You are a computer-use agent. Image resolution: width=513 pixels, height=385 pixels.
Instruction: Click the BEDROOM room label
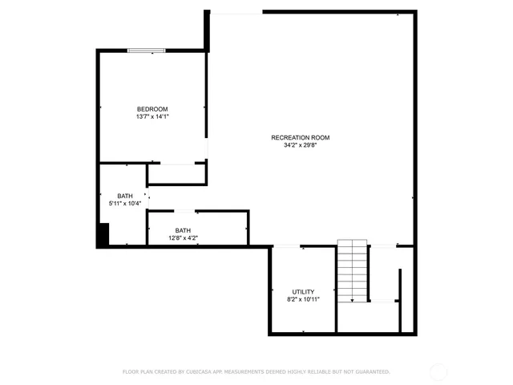[x=152, y=109]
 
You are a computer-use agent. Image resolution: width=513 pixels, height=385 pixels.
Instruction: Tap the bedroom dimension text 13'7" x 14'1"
[x=152, y=117]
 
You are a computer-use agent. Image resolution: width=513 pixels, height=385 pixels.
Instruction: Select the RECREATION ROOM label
[x=300, y=138]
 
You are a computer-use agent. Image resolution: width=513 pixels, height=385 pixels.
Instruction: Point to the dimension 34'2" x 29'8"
[x=300, y=146]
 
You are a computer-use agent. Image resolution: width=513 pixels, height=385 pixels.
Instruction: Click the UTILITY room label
[x=303, y=292]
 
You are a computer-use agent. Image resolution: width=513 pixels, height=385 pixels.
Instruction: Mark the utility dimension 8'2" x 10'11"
[x=303, y=300]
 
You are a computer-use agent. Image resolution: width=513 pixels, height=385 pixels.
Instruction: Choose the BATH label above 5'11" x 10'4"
[x=125, y=196]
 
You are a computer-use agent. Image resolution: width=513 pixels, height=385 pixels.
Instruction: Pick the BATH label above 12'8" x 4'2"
[x=184, y=230]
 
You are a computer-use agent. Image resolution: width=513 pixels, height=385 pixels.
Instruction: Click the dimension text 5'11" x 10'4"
[x=125, y=204]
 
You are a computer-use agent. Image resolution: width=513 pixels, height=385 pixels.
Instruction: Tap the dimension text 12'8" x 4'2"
[x=184, y=238]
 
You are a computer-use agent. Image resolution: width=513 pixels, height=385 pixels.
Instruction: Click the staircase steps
[x=352, y=269]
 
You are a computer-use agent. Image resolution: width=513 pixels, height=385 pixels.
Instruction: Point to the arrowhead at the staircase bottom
[x=352, y=300]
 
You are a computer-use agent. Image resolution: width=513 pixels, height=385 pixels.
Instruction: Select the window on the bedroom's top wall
[x=147, y=51]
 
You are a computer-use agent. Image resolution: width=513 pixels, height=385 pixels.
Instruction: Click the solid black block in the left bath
[x=103, y=236]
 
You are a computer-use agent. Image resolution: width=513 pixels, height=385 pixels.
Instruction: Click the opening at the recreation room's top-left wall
[x=236, y=12]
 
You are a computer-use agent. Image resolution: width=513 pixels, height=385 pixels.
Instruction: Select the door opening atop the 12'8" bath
[x=184, y=211]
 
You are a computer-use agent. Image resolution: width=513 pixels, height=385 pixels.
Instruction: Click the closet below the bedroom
[x=176, y=174]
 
